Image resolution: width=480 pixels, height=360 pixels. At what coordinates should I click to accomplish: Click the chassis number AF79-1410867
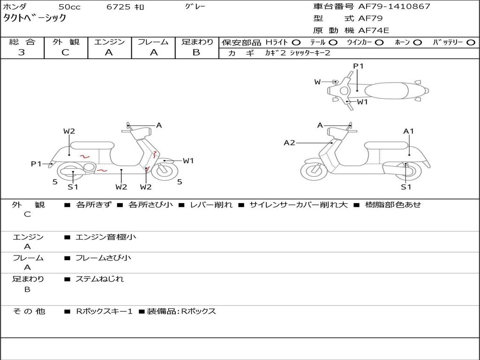coord(394,6)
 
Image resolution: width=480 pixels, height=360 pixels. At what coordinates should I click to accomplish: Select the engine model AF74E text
coord(374,30)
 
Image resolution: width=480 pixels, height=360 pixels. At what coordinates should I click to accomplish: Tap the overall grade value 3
coord(22,52)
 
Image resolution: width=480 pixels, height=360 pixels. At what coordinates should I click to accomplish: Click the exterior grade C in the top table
coord(66,52)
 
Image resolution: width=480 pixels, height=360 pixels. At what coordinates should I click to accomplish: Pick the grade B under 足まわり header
coord(196,52)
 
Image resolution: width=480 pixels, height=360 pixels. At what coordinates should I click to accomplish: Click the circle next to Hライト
coord(296,42)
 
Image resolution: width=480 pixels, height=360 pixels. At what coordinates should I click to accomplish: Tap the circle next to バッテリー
coord(471,42)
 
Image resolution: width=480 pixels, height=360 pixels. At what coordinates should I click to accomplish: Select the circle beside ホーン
coord(417,42)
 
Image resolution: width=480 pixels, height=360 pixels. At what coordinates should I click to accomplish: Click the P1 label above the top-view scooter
coord(358,66)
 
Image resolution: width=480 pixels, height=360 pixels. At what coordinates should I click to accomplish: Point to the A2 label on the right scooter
coord(289,142)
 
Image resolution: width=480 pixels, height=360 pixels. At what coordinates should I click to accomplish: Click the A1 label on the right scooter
coord(408,131)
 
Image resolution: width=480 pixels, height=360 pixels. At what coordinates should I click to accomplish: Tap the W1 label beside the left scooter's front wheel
coord(188,160)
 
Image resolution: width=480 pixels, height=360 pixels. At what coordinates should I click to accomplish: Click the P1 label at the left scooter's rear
coord(36,164)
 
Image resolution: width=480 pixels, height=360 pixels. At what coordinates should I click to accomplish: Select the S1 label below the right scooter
coord(406,187)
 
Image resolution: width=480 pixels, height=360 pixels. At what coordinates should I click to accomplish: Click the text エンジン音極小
coord(105,237)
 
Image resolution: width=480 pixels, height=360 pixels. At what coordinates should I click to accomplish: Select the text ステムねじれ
coord(99,279)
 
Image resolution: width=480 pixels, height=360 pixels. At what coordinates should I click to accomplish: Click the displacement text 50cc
coord(69,7)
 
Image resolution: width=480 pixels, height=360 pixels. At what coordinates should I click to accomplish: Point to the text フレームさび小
coord(103,258)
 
